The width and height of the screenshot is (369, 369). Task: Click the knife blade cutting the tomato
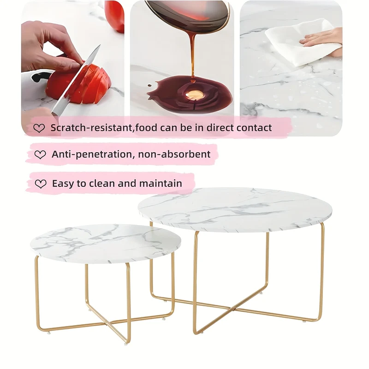coord(76,81)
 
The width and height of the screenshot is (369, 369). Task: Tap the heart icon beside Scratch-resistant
coord(39,128)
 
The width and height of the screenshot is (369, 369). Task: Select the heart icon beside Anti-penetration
coord(40,155)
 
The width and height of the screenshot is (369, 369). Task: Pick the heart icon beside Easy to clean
coord(41,184)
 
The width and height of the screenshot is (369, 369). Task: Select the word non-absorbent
coord(174,155)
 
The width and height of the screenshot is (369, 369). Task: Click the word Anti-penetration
coord(93,155)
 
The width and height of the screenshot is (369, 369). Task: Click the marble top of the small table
coord(106,244)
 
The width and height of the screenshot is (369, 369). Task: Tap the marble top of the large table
coord(235,209)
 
